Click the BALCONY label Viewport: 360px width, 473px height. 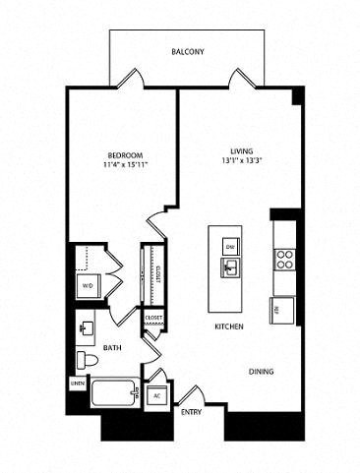coord(187,51)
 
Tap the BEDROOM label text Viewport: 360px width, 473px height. coord(126,155)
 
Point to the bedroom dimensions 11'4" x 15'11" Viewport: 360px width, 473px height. coord(126,166)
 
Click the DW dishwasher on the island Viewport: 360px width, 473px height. coord(229,246)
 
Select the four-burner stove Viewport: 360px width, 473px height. coord(284,260)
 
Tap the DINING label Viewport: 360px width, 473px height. coord(261,371)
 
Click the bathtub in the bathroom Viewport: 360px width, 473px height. coord(107,398)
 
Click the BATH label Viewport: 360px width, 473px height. coord(113,347)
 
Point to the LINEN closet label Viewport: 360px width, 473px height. coord(77,383)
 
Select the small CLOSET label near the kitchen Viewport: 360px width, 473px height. coord(153,319)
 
